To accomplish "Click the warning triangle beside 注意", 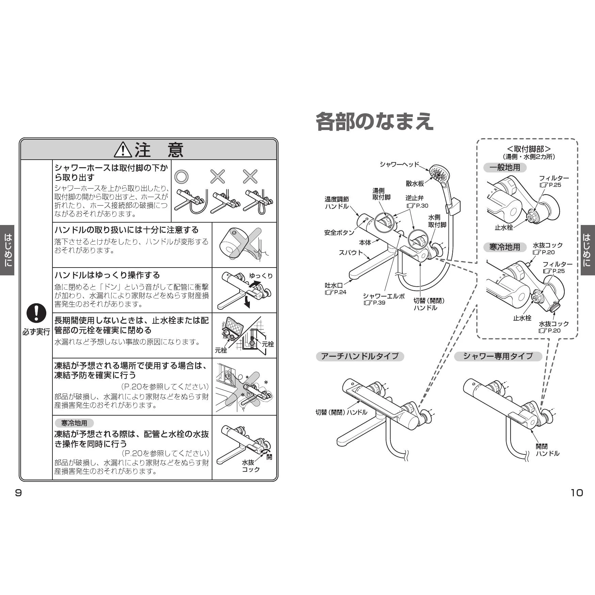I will pyautogui.click(x=123, y=150).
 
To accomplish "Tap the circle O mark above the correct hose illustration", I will pyautogui.click(x=181, y=177).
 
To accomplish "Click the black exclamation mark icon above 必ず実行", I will pyautogui.click(x=36, y=313).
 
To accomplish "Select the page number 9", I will pyautogui.click(x=18, y=493).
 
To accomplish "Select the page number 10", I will pyautogui.click(x=577, y=493).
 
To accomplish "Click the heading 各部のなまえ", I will pyautogui.click(x=374, y=122).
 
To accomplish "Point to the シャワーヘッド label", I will pyautogui.click(x=399, y=164).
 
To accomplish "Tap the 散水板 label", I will pyautogui.click(x=415, y=184).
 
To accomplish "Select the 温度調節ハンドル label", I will pyautogui.click(x=336, y=203).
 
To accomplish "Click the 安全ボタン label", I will pyautogui.click(x=339, y=233).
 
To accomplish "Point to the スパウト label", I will pyautogui.click(x=351, y=252).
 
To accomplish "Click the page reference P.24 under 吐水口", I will pyautogui.click(x=336, y=292).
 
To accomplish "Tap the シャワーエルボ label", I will pyautogui.click(x=384, y=296).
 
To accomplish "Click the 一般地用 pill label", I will pyautogui.click(x=505, y=167).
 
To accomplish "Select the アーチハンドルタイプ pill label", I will pyautogui.click(x=360, y=356).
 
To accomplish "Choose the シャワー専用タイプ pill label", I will pyautogui.click(x=498, y=356).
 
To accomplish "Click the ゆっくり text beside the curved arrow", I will pyautogui.click(x=261, y=276).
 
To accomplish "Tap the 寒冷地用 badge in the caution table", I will pyautogui.click(x=74, y=423).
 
